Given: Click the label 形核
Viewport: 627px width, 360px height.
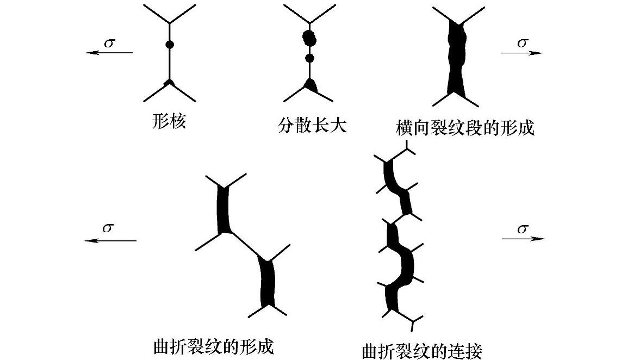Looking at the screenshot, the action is [169, 121].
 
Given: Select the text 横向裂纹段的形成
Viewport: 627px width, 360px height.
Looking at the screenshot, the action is [465, 128].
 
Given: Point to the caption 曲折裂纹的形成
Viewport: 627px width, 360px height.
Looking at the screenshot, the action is [213, 346].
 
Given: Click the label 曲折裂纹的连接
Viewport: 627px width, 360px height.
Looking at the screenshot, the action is [421, 350].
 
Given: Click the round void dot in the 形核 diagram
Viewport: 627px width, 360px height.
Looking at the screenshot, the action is [169, 45].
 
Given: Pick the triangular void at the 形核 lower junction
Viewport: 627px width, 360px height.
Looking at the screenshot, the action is [169, 83].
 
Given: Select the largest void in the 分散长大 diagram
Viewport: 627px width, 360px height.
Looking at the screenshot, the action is [309, 38].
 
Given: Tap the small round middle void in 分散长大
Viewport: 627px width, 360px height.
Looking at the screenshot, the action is [311, 58].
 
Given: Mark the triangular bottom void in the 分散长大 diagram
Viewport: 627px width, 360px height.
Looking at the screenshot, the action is [311, 84].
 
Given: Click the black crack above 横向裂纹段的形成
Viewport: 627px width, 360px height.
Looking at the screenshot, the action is [456, 60].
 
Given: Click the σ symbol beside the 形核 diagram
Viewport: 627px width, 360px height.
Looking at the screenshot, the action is [109, 42].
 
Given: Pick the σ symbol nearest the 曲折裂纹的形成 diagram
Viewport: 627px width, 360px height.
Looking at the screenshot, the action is [108, 228].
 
